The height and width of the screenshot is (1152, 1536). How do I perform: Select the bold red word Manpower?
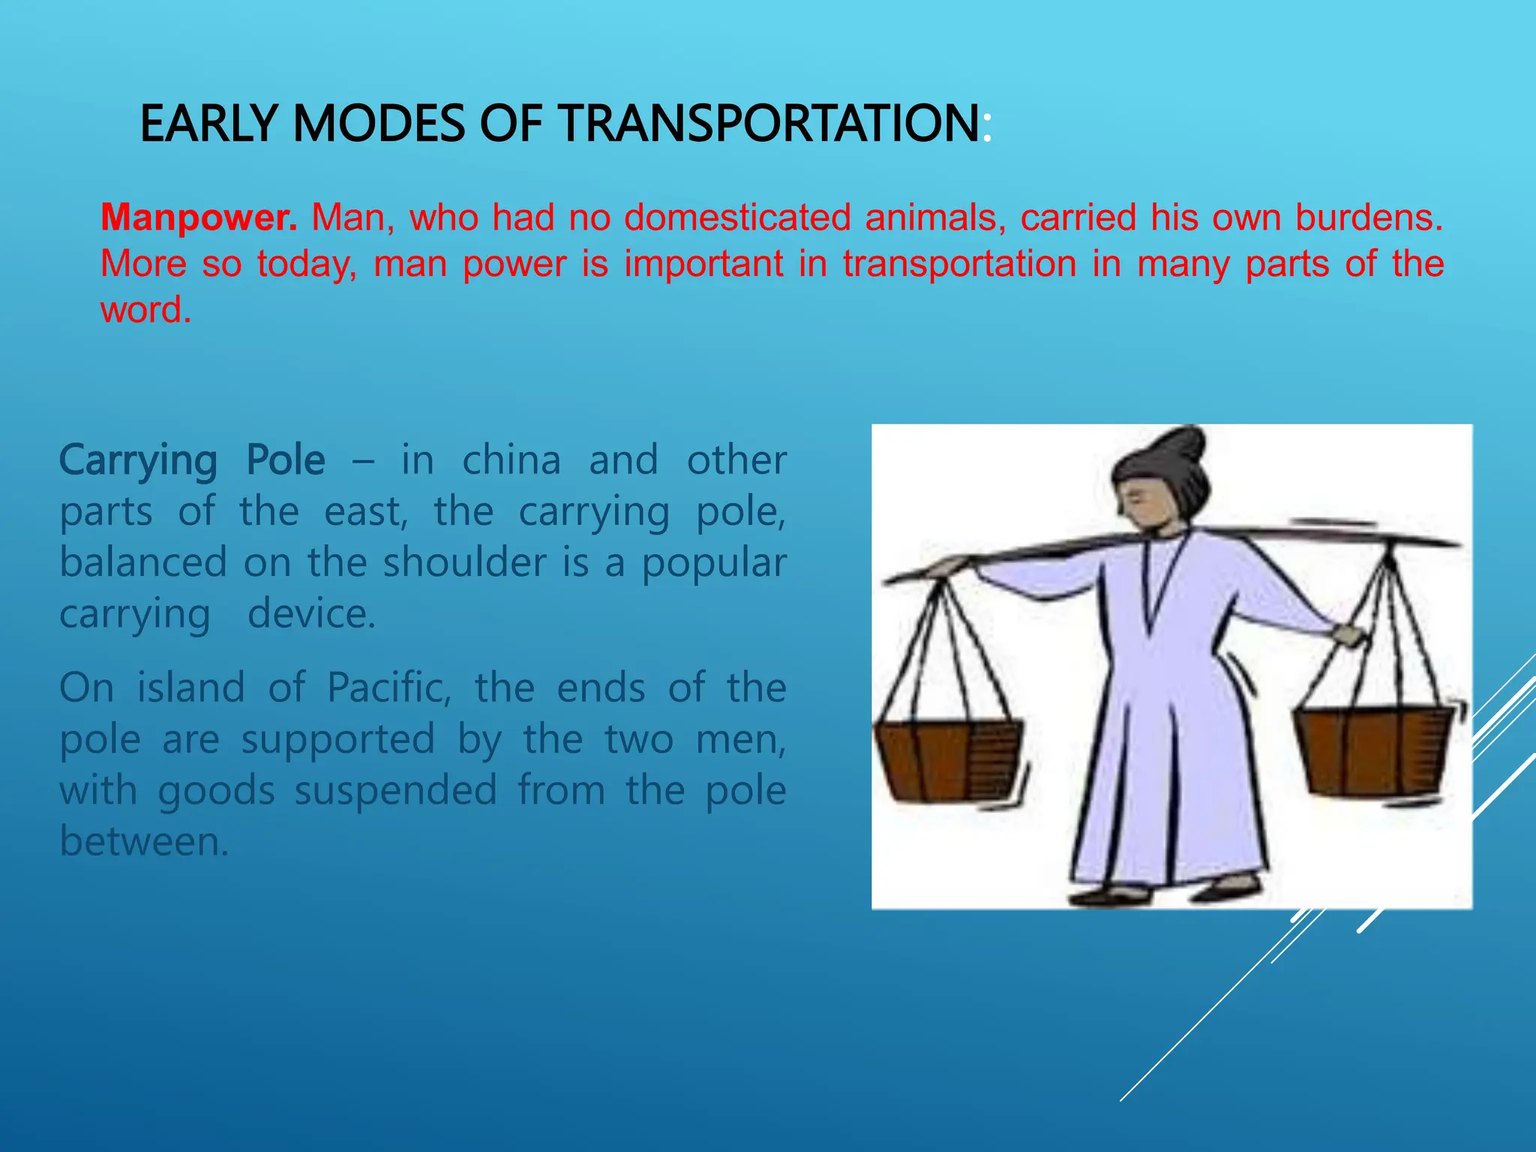pos(199,217)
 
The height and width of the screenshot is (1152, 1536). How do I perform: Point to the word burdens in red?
pos(1369,217)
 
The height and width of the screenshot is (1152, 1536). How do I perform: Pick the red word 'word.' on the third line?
pos(145,310)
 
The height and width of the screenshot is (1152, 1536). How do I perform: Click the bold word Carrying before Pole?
pos(138,461)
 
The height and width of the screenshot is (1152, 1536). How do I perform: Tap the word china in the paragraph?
pos(511,460)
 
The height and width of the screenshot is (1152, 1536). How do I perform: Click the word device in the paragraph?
pos(311,614)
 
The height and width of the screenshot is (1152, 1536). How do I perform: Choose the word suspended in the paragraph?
pos(395,790)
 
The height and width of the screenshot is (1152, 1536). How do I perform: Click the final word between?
pos(143,841)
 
